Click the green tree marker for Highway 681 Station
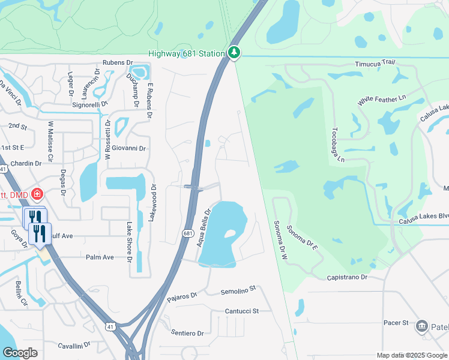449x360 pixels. [234, 53]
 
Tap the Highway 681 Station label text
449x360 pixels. [187, 53]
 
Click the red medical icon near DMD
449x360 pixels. [37, 194]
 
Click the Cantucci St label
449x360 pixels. [241, 311]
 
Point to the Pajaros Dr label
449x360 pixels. [182, 296]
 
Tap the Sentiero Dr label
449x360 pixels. [187, 332]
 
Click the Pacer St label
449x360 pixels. [396, 323]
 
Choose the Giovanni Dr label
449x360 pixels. [131, 148]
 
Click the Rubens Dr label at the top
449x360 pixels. [117, 62]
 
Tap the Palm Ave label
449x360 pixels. [100, 257]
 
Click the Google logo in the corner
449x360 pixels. [20, 352]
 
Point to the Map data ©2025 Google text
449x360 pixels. [411, 355]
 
